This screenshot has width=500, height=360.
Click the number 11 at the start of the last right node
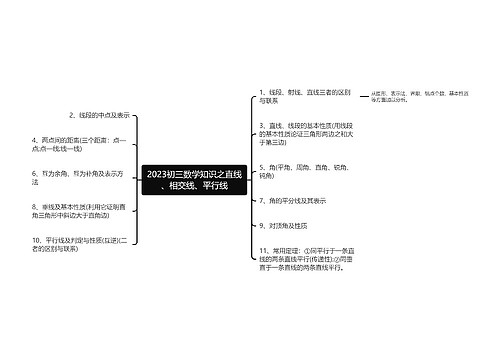[x=262, y=248]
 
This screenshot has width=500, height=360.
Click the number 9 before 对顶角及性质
[x=260, y=225]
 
